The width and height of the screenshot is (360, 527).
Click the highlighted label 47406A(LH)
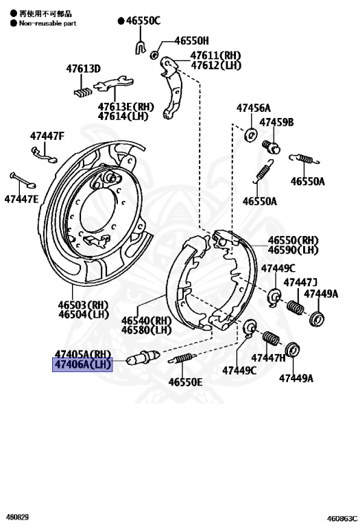pos(82,364)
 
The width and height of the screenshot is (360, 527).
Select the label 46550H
pos(191,41)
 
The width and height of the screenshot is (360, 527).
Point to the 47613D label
pos(83,69)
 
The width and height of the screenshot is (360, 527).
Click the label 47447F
pos(47,135)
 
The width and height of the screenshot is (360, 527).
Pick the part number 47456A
pos(254,108)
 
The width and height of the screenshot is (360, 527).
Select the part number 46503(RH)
pos(83,304)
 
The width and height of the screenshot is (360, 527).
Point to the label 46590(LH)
pos(293,250)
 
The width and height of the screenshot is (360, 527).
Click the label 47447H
pos(269,358)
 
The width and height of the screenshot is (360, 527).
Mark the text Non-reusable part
pos(47,23)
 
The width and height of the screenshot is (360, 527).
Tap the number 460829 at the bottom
pos(18,517)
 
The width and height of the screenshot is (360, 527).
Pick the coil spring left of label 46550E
pos(183,358)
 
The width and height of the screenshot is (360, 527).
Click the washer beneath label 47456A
pos(250,133)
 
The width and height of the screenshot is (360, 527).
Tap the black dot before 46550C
pos(121,21)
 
